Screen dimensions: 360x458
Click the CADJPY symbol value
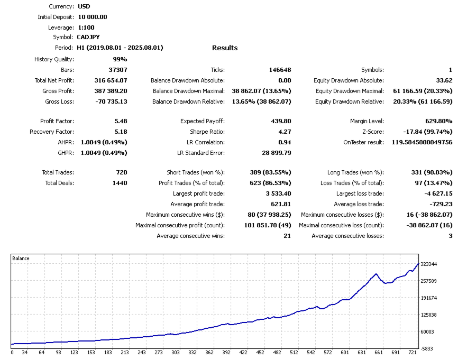point(88,37)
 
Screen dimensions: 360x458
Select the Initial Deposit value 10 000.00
point(93,17)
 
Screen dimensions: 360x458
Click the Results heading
point(225,48)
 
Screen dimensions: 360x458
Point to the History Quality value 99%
point(120,59)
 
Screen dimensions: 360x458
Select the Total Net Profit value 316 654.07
point(108,80)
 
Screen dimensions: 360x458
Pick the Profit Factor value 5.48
point(121,121)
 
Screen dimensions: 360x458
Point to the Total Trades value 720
point(121,172)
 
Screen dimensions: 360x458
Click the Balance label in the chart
point(21,259)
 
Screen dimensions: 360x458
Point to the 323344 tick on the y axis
point(429,264)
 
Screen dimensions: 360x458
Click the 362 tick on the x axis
point(209,352)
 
